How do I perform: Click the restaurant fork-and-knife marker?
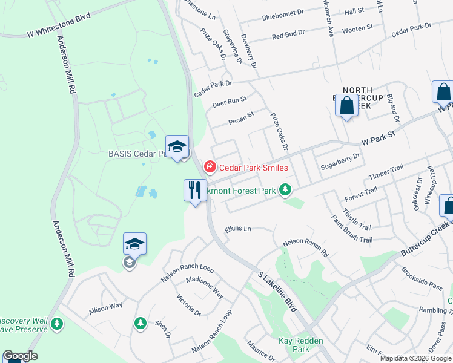(x=195, y=191)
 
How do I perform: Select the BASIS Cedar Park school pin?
(x=177, y=147)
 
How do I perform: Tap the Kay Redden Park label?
(x=294, y=345)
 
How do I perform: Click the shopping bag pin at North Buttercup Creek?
(x=347, y=106)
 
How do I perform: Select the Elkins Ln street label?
(x=237, y=229)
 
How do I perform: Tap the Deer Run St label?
(x=230, y=102)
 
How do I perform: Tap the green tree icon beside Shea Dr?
(x=140, y=323)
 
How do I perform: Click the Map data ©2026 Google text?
(x=415, y=358)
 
